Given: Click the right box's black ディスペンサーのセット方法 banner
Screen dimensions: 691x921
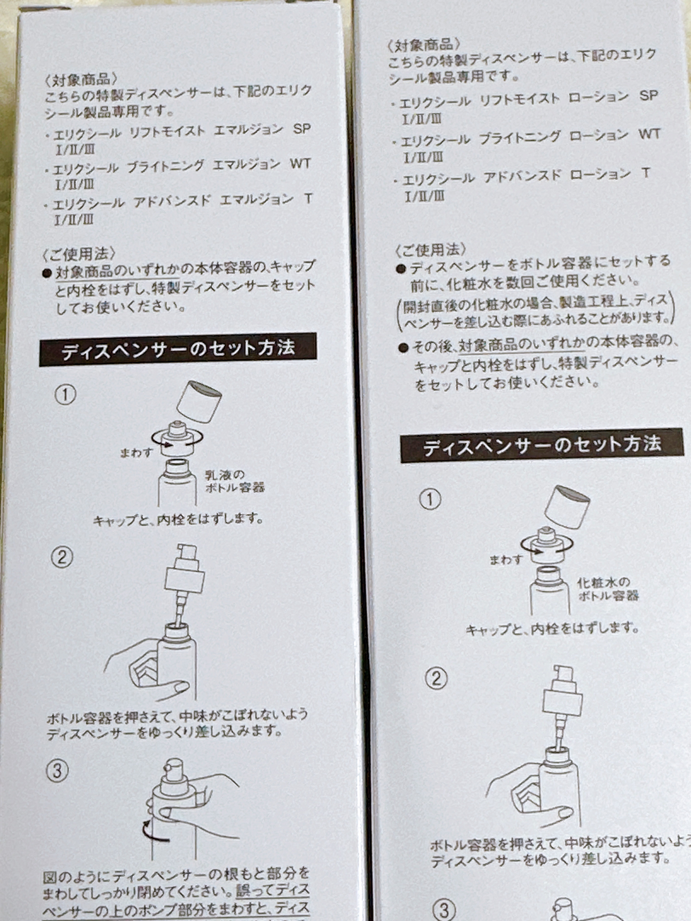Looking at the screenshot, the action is (542, 445).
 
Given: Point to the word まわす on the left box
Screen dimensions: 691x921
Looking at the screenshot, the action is (136, 453).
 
